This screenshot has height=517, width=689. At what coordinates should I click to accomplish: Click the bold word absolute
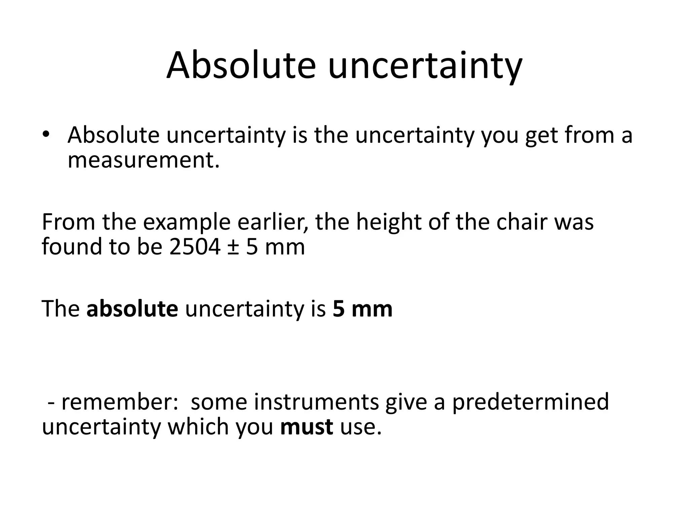coord(132,309)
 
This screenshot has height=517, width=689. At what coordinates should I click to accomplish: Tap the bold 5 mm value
coord(362,309)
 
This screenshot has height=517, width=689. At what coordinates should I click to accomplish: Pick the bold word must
coord(306,427)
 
